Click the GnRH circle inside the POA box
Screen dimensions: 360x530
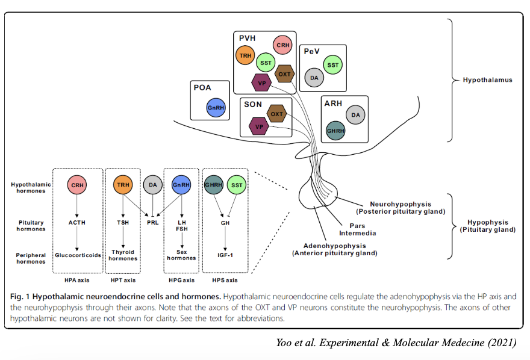tap(215, 108)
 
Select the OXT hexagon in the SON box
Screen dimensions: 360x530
tap(276, 114)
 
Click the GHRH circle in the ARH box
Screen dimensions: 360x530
tap(335, 131)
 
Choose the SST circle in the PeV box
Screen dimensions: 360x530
tap(332, 64)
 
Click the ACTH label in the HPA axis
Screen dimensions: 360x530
tap(76, 222)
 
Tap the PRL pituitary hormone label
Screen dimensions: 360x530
tap(153, 222)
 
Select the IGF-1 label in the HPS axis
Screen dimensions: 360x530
tap(225, 255)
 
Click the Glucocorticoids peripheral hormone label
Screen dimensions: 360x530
tap(76, 255)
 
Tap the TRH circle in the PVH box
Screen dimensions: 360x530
tap(245, 57)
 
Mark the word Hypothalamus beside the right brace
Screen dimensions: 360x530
tap(487, 79)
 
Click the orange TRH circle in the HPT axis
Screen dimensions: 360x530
tap(123, 185)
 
